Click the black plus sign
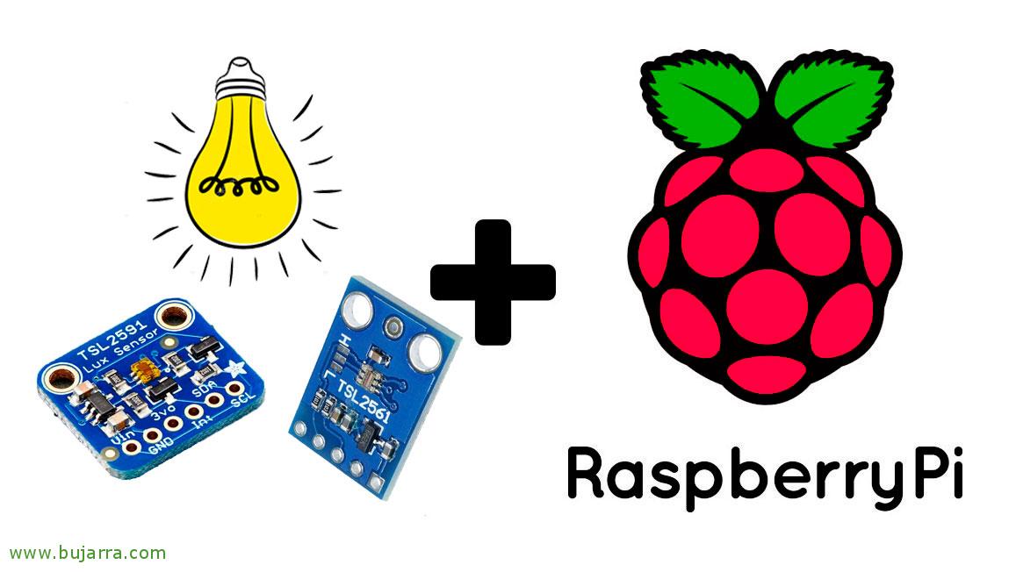coord(493,281)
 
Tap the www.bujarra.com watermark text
coord(87,553)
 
